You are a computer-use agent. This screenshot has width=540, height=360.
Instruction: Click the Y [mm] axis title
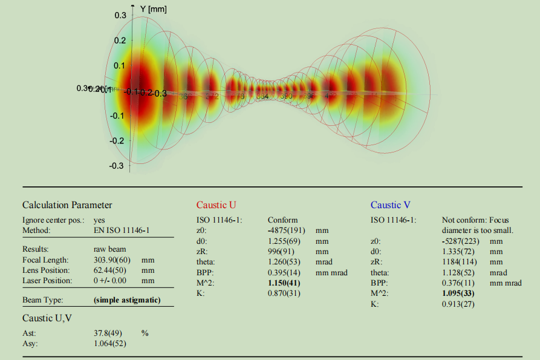click(x=153, y=9)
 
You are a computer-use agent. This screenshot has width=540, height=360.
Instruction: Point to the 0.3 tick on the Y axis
click(x=120, y=15)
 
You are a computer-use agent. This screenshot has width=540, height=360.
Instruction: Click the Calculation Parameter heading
click(x=67, y=205)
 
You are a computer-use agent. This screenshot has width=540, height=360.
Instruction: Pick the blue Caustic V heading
click(x=390, y=205)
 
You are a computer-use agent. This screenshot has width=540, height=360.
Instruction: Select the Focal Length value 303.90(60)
click(x=114, y=260)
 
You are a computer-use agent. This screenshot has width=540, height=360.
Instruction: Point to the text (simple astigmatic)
click(x=127, y=300)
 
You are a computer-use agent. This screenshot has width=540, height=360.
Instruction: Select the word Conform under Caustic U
click(x=282, y=220)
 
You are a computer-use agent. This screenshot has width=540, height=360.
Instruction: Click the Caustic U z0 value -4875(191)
click(x=287, y=231)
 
